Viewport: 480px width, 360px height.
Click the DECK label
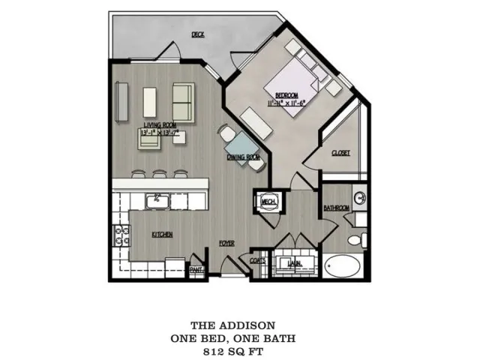(198, 34)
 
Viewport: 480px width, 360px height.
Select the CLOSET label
(341, 152)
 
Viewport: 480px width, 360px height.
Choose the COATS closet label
(256, 261)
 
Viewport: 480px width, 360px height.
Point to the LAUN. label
(293, 262)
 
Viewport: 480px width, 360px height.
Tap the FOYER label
(226, 244)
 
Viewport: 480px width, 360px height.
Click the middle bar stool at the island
(158, 174)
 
